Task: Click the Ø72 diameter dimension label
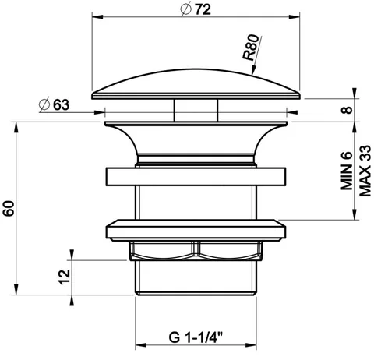196,9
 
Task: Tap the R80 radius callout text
251,48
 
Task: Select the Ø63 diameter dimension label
54,104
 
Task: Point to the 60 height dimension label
9,208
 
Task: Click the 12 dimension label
64,277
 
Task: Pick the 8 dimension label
347,110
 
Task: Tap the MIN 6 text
347,171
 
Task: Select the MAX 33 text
365,171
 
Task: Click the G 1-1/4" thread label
196,337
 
